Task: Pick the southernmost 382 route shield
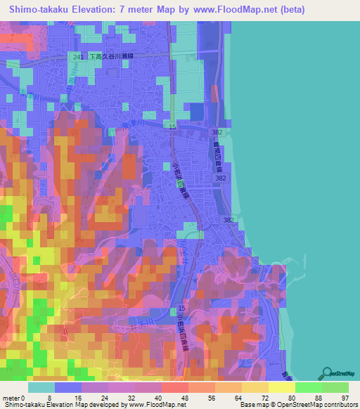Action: (x=229, y=220)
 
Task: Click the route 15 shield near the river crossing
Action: (x=172, y=126)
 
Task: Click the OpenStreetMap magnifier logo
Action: (x=327, y=372)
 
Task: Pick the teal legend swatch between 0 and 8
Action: (x=41, y=387)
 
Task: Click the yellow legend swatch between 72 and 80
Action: (x=281, y=387)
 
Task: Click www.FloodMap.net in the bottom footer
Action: (x=155, y=405)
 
